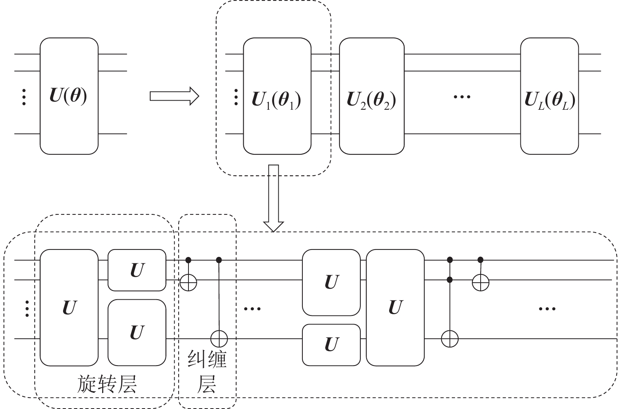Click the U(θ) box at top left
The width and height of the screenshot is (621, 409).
[x=69, y=96]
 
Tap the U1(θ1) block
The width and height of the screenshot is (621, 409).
[x=277, y=96]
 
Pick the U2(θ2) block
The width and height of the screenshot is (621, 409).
[x=371, y=96]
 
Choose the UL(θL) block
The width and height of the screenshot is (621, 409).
[x=549, y=96]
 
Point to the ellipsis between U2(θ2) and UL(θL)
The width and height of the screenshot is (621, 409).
[x=462, y=96]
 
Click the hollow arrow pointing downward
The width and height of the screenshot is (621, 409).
[x=274, y=197]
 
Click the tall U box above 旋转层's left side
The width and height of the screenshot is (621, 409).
[x=69, y=308]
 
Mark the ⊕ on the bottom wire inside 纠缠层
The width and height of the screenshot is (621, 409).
[x=219, y=339]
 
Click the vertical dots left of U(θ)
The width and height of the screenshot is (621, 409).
[x=24, y=97]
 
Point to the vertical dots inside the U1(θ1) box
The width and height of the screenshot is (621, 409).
[x=236, y=97]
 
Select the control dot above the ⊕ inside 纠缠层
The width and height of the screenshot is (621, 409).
[x=188, y=260]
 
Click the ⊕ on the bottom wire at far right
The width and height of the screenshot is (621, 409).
[x=450, y=339]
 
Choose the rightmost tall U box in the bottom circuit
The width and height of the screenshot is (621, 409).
[x=395, y=308]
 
